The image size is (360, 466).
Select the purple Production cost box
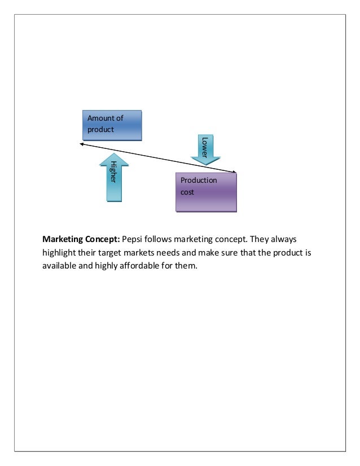206,192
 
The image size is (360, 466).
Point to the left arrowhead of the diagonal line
81,144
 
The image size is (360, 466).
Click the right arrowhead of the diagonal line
234,171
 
